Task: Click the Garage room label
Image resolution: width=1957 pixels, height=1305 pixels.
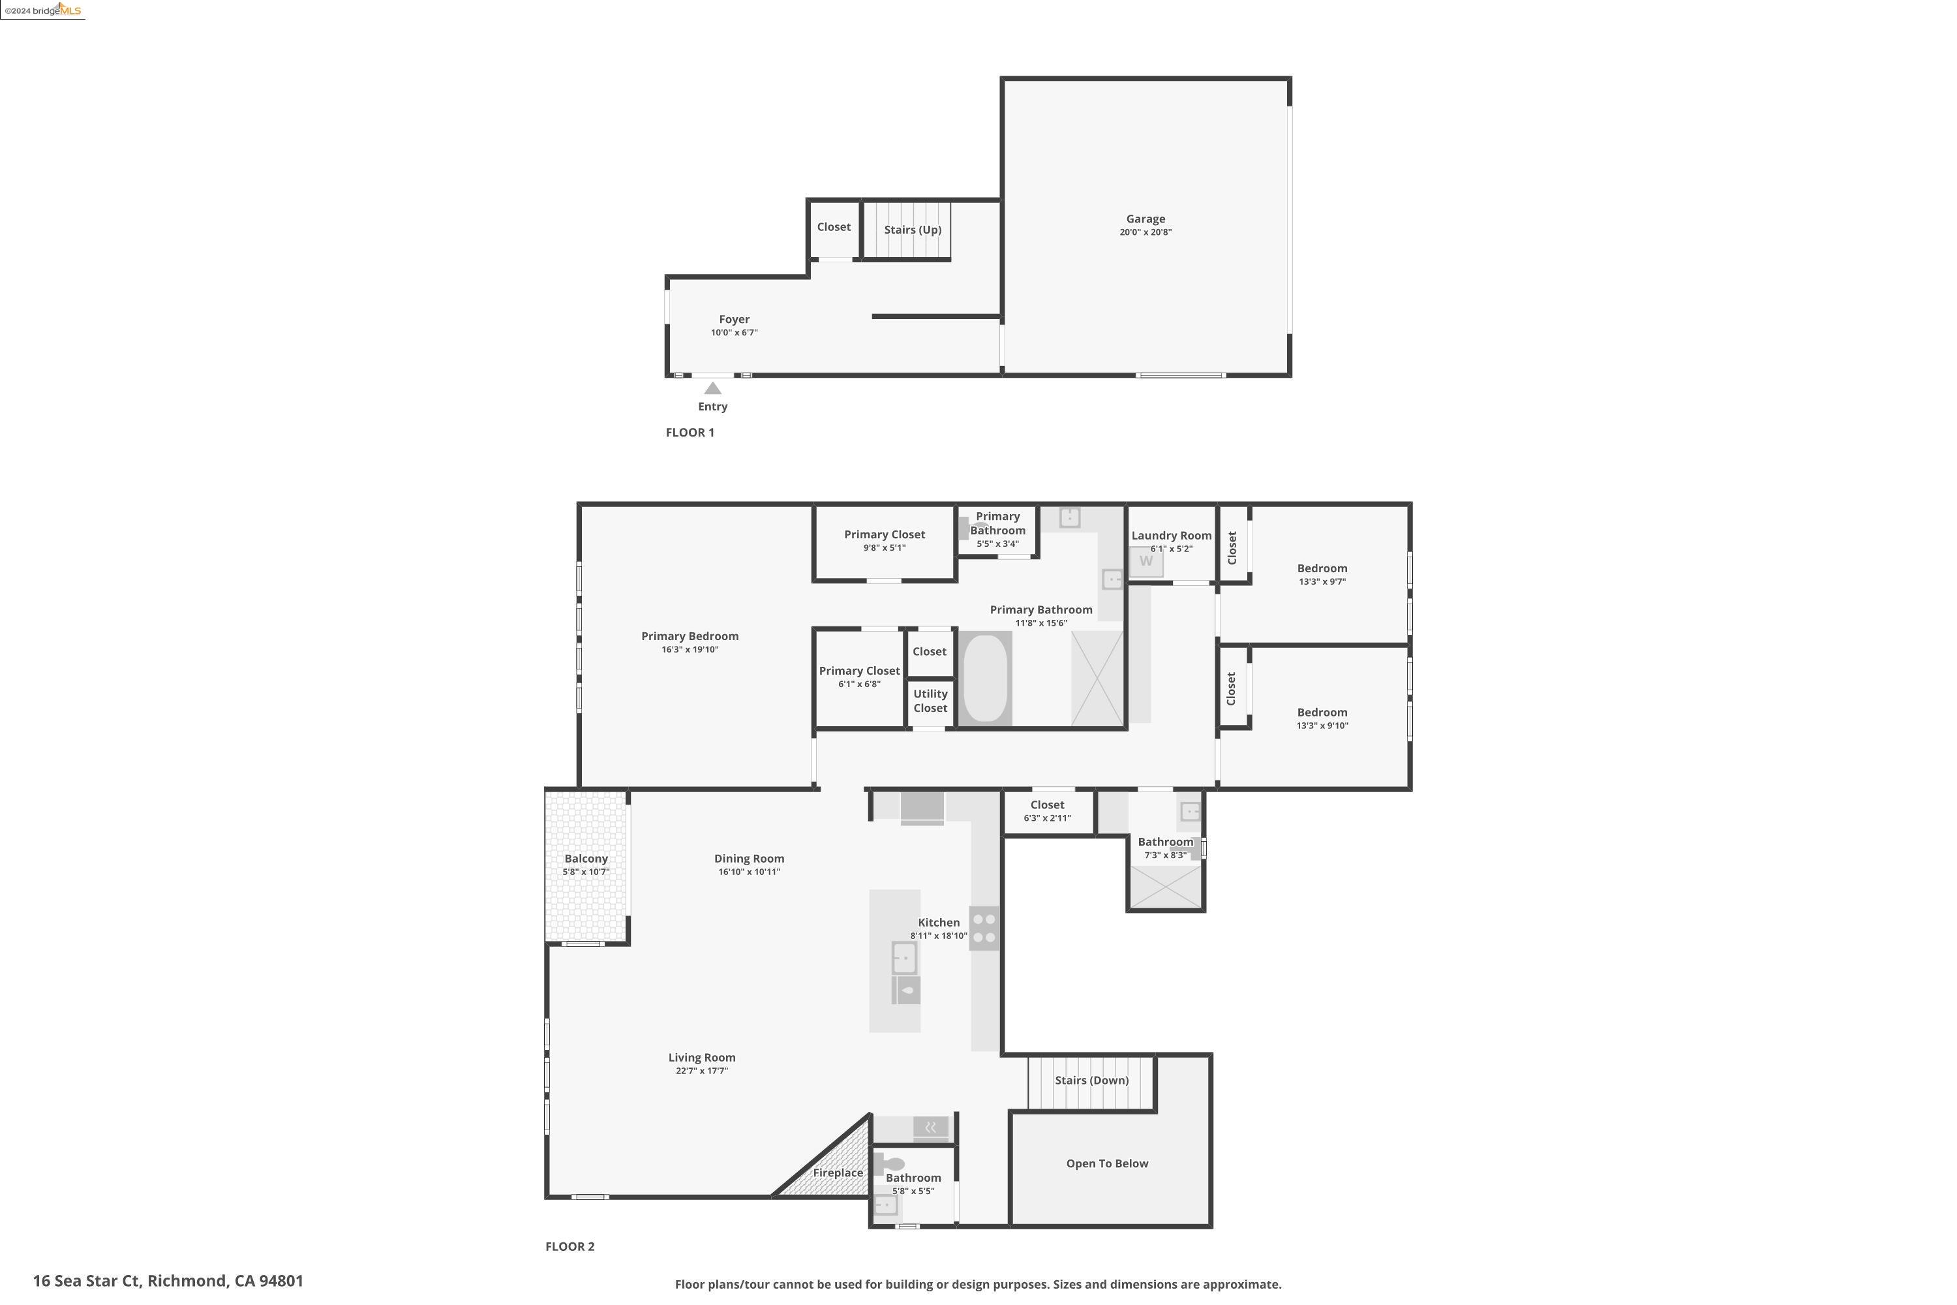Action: click(x=1145, y=219)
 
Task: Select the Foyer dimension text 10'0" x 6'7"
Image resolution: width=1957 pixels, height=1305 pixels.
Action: click(x=734, y=333)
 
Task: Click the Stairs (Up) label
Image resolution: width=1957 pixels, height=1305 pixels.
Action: click(x=912, y=230)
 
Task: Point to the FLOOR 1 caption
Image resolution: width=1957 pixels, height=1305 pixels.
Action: click(x=690, y=433)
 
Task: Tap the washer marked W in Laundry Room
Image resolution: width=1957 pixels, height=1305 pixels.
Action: click(x=1145, y=561)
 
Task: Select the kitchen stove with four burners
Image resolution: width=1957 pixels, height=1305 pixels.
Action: click(x=984, y=928)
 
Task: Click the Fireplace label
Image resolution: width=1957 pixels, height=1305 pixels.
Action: click(x=837, y=1173)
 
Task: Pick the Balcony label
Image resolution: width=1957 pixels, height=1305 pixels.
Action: click(x=586, y=859)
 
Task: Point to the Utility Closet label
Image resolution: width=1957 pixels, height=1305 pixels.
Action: click(x=930, y=701)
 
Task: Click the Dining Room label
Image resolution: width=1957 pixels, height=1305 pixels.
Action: click(x=749, y=859)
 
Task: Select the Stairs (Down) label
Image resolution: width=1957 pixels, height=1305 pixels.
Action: click(x=1091, y=1081)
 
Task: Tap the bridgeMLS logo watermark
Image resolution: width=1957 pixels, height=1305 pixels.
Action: click(x=43, y=10)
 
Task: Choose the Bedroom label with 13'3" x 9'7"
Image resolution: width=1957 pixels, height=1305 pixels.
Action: click(x=1322, y=568)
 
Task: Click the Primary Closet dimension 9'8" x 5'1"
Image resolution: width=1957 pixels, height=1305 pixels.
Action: click(x=884, y=547)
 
